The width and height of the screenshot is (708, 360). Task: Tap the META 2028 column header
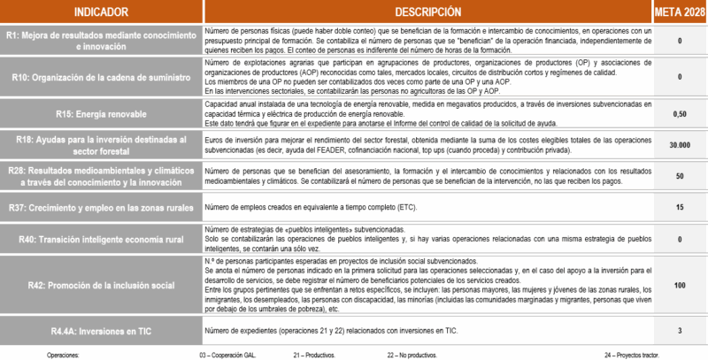pos(679,12)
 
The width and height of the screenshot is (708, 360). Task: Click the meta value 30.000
pos(679,144)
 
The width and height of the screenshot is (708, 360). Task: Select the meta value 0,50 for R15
pos(679,114)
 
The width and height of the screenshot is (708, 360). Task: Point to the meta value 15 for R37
pos(679,207)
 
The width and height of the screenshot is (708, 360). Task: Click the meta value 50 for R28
pos(679,176)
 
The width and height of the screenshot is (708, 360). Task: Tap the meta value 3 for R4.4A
pos(679,330)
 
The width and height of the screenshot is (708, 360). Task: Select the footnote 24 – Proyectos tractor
pos(635,353)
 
